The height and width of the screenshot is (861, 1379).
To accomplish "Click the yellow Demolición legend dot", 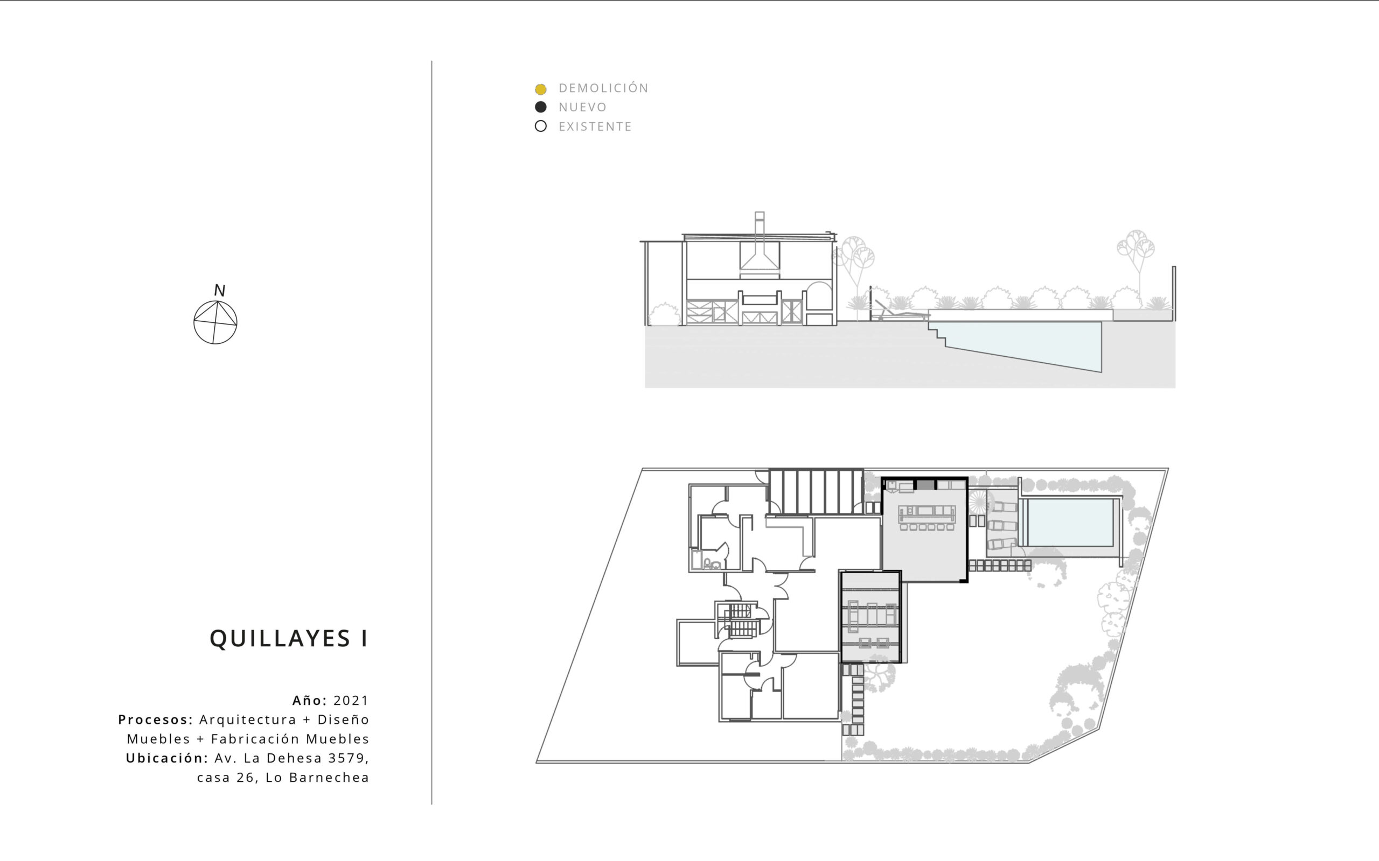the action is (541, 89).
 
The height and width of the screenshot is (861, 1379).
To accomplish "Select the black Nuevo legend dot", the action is (541, 107).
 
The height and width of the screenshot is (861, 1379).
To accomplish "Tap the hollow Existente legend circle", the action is (541, 126).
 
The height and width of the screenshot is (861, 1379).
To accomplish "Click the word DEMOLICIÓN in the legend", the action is (603, 88).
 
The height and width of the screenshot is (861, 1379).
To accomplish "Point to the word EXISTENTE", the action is (595, 126).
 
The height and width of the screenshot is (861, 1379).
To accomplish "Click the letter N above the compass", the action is (219, 291).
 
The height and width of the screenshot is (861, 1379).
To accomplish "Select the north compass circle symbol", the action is (215, 322).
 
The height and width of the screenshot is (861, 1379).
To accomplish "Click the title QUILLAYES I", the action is (289, 638).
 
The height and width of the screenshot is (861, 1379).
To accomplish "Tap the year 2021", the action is (351, 701).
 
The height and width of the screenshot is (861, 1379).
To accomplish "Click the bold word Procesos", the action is (156, 720).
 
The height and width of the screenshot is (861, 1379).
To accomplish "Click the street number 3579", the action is (349, 759).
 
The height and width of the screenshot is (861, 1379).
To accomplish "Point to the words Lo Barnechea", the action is (317, 778).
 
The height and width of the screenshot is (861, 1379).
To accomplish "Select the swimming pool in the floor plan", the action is (1070, 523).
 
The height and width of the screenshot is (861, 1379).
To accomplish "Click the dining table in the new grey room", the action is (927, 514).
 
